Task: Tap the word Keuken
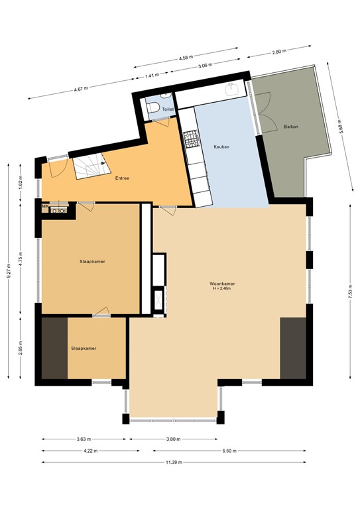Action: coord(221,146)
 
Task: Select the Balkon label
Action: coord(290,126)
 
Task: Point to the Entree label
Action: coord(122,178)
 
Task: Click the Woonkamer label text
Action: coord(223,284)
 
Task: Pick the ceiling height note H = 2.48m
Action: coord(223,289)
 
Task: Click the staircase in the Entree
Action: coord(88,168)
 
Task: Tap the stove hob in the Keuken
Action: coord(190,138)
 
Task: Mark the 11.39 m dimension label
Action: coord(174,462)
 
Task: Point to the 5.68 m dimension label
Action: coord(339,126)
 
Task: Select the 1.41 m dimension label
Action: coord(152,76)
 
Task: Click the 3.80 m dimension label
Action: coord(174,439)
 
